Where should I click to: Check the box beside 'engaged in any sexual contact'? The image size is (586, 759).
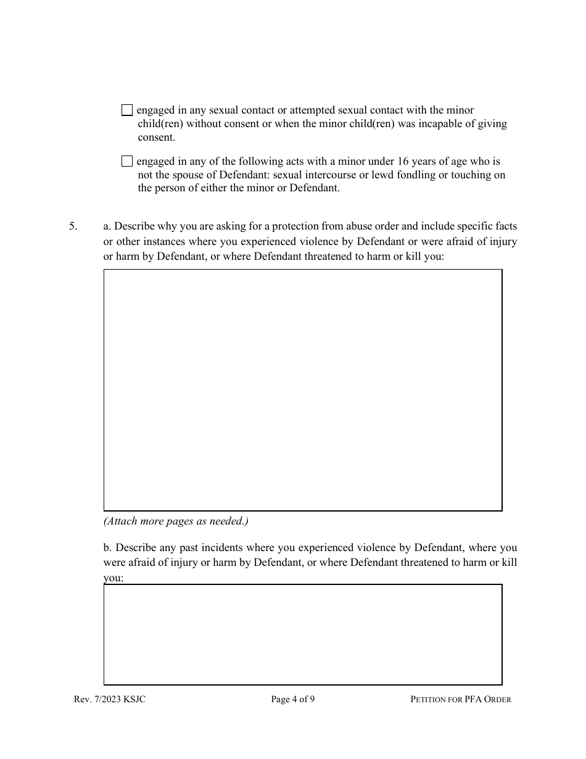click(127, 110)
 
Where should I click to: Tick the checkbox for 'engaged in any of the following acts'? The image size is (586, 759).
click(127, 162)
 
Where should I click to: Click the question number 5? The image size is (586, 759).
click(73, 226)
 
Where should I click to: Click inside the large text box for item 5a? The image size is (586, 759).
click(302, 390)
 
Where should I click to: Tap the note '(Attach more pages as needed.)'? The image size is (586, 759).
click(176, 521)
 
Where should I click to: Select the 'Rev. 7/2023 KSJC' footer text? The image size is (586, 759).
click(109, 700)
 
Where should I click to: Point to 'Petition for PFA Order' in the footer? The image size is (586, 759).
click(461, 700)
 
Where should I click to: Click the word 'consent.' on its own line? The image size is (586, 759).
click(156, 138)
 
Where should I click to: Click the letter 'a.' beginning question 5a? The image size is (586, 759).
click(107, 226)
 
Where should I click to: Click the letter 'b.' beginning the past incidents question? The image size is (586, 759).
click(108, 548)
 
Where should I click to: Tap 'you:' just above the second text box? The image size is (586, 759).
click(113, 578)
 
